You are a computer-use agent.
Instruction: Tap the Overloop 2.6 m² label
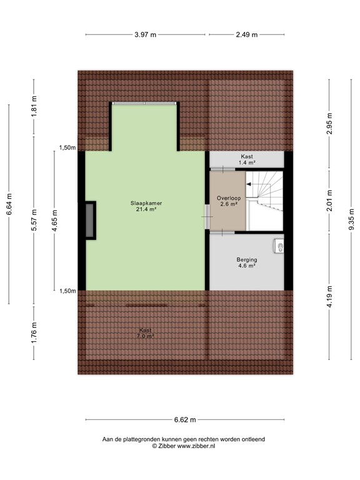(x=227, y=201)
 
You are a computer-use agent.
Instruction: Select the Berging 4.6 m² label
(x=247, y=262)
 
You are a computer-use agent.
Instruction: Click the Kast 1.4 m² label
(x=247, y=159)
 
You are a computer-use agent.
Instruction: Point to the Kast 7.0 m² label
(x=146, y=333)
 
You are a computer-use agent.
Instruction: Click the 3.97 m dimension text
(x=146, y=34)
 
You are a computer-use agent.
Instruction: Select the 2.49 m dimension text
(x=246, y=34)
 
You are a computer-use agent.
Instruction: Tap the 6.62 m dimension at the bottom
(x=184, y=419)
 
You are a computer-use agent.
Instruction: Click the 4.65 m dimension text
(x=55, y=220)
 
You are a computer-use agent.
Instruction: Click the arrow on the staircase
(x=249, y=184)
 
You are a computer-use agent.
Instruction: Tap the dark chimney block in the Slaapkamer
(x=91, y=220)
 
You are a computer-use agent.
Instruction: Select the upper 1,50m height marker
(x=67, y=148)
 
